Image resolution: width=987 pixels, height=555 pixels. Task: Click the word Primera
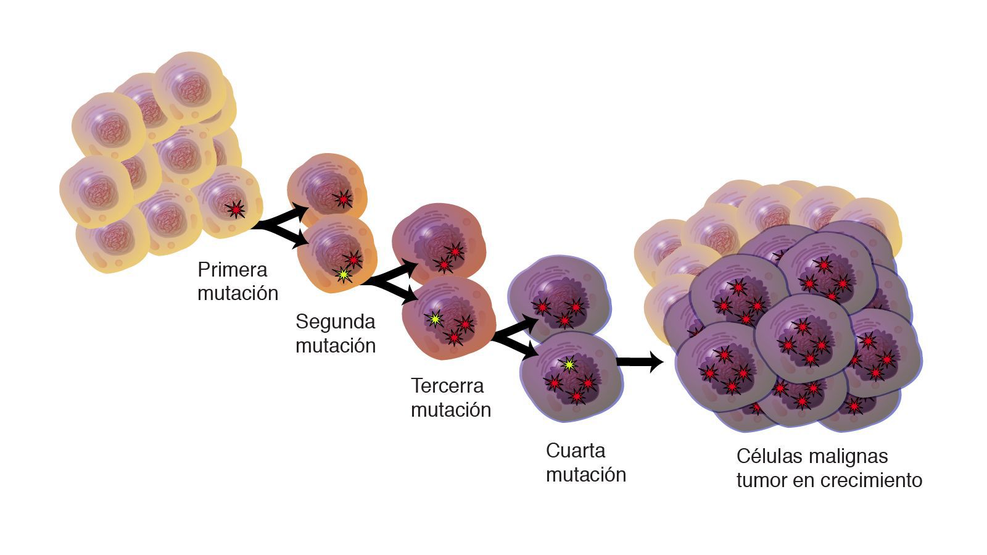232,270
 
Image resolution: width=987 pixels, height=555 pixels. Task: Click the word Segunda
335,322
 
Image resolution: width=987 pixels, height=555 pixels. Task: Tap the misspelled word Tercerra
447,386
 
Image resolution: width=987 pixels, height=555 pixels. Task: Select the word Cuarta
575,451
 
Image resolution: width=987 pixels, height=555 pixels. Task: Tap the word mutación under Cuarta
585,475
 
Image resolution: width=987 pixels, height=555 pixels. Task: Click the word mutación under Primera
237,293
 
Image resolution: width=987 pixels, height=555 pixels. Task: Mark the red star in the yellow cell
235,209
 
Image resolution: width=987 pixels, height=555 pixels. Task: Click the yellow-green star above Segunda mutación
343,275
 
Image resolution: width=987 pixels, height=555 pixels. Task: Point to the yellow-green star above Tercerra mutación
436,319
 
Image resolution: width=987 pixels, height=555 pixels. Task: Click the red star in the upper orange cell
343,198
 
